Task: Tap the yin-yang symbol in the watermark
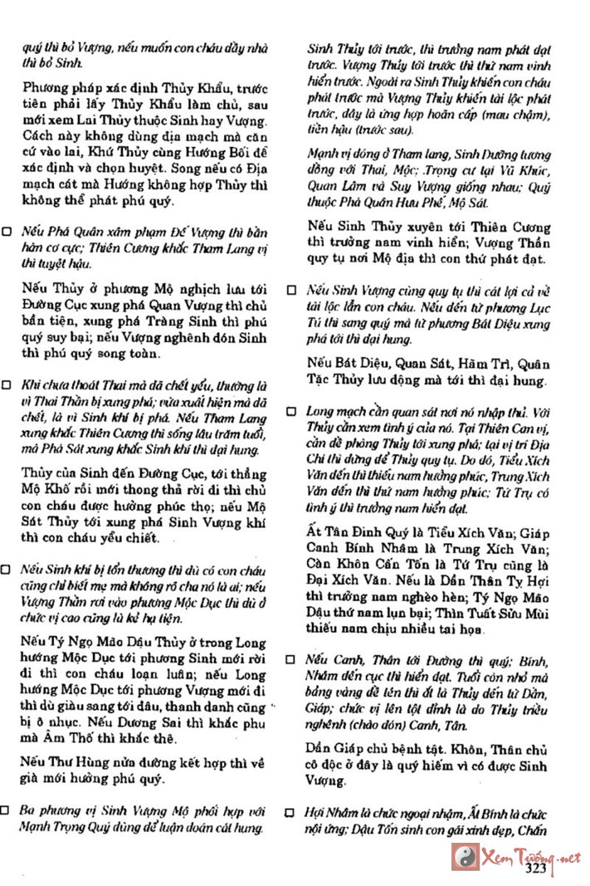click(x=463, y=856)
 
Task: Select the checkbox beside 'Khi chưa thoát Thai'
click(x=7, y=385)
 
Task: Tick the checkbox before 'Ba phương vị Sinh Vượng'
click(x=7, y=809)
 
